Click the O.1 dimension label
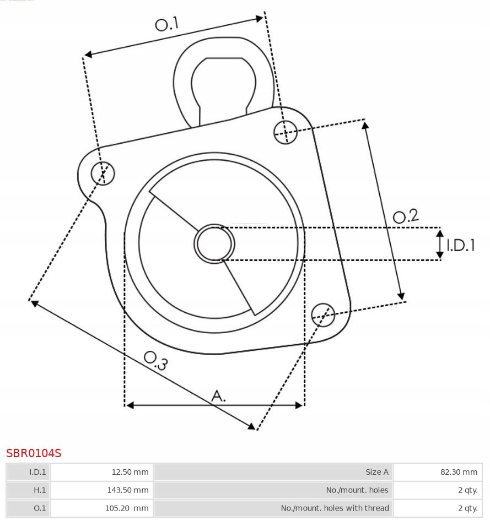click(x=167, y=24)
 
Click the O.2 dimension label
click(x=406, y=216)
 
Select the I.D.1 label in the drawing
click(x=460, y=245)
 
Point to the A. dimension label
click(x=218, y=395)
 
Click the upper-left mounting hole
click(x=103, y=173)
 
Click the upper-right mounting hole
click(x=286, y=132)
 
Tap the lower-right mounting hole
click(x=323, y=314)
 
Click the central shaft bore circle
click(x=214, y=243)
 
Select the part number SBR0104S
click(x=34, y=453)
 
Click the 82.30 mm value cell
click(x=438, y=472)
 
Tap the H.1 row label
click(x=28, y=490)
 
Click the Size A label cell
click(x=273, y=472)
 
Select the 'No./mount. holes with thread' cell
click(x=273, y=508)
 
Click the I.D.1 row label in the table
click(x=28, y=472)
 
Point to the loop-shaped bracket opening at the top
click(x=223, y=83)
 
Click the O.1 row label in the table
click(x=28, y=508)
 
